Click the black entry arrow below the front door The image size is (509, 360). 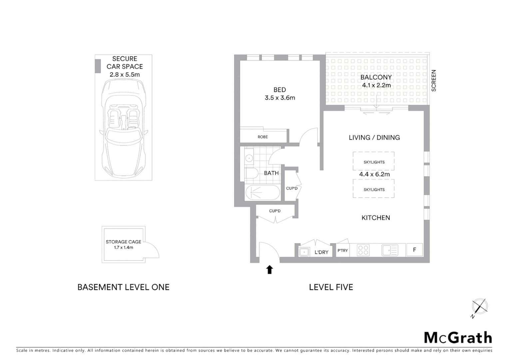coord(269,269)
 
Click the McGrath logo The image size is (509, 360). coord(458,338)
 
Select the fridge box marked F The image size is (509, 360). coord(414,250)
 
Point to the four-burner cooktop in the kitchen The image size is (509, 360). coord(363,250)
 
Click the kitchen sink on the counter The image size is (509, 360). coord(389,250)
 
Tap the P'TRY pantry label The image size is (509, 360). coord(342,250)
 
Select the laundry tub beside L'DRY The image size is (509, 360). coord(304,252)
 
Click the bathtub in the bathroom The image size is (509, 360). coord(262,192)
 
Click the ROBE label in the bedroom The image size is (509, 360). coord(262,137)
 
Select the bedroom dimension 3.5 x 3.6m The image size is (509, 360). coord(280,98)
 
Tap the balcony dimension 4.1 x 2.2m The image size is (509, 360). coord(376,85)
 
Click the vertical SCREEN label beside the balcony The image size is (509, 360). coord(434,80)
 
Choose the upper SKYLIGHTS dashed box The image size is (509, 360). coord(374,162)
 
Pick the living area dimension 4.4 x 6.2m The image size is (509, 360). coord(374,174)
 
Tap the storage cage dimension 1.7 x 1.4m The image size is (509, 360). coord(123,247)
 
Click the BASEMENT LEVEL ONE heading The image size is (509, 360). coord(123,287)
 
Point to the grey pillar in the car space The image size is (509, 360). coord(98,66)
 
